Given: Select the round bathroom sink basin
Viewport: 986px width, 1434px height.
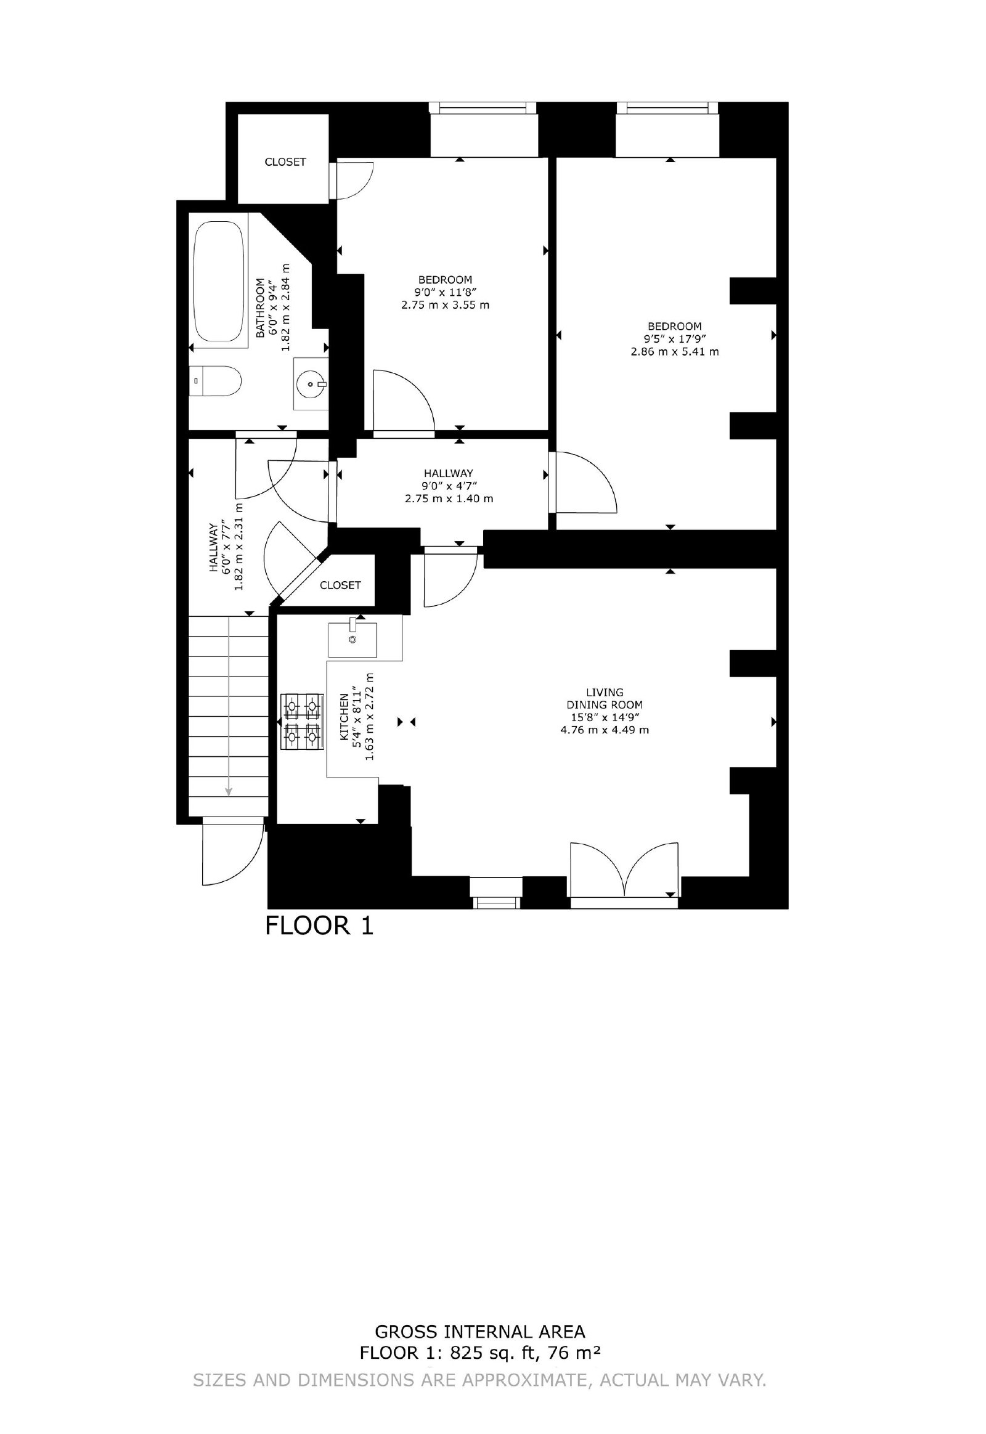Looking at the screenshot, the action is [x=310, y=385].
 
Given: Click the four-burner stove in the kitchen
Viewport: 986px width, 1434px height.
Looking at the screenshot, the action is [x=302, y=722].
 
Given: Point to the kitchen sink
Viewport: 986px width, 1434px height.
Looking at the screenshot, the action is [x=352, y=639].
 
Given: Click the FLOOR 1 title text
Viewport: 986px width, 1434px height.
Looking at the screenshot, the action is [x=319, y=926].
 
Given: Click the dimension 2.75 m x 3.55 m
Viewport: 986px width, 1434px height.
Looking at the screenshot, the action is [x=446, y=304].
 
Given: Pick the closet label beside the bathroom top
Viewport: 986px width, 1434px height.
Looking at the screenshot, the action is [x=285, y=162].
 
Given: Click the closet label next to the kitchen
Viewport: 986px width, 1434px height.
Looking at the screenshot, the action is [x=340, y=585].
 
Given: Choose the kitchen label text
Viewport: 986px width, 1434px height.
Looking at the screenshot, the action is [x=344, y=722].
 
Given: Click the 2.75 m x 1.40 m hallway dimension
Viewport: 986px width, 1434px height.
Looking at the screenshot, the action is [x=449, y=499].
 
